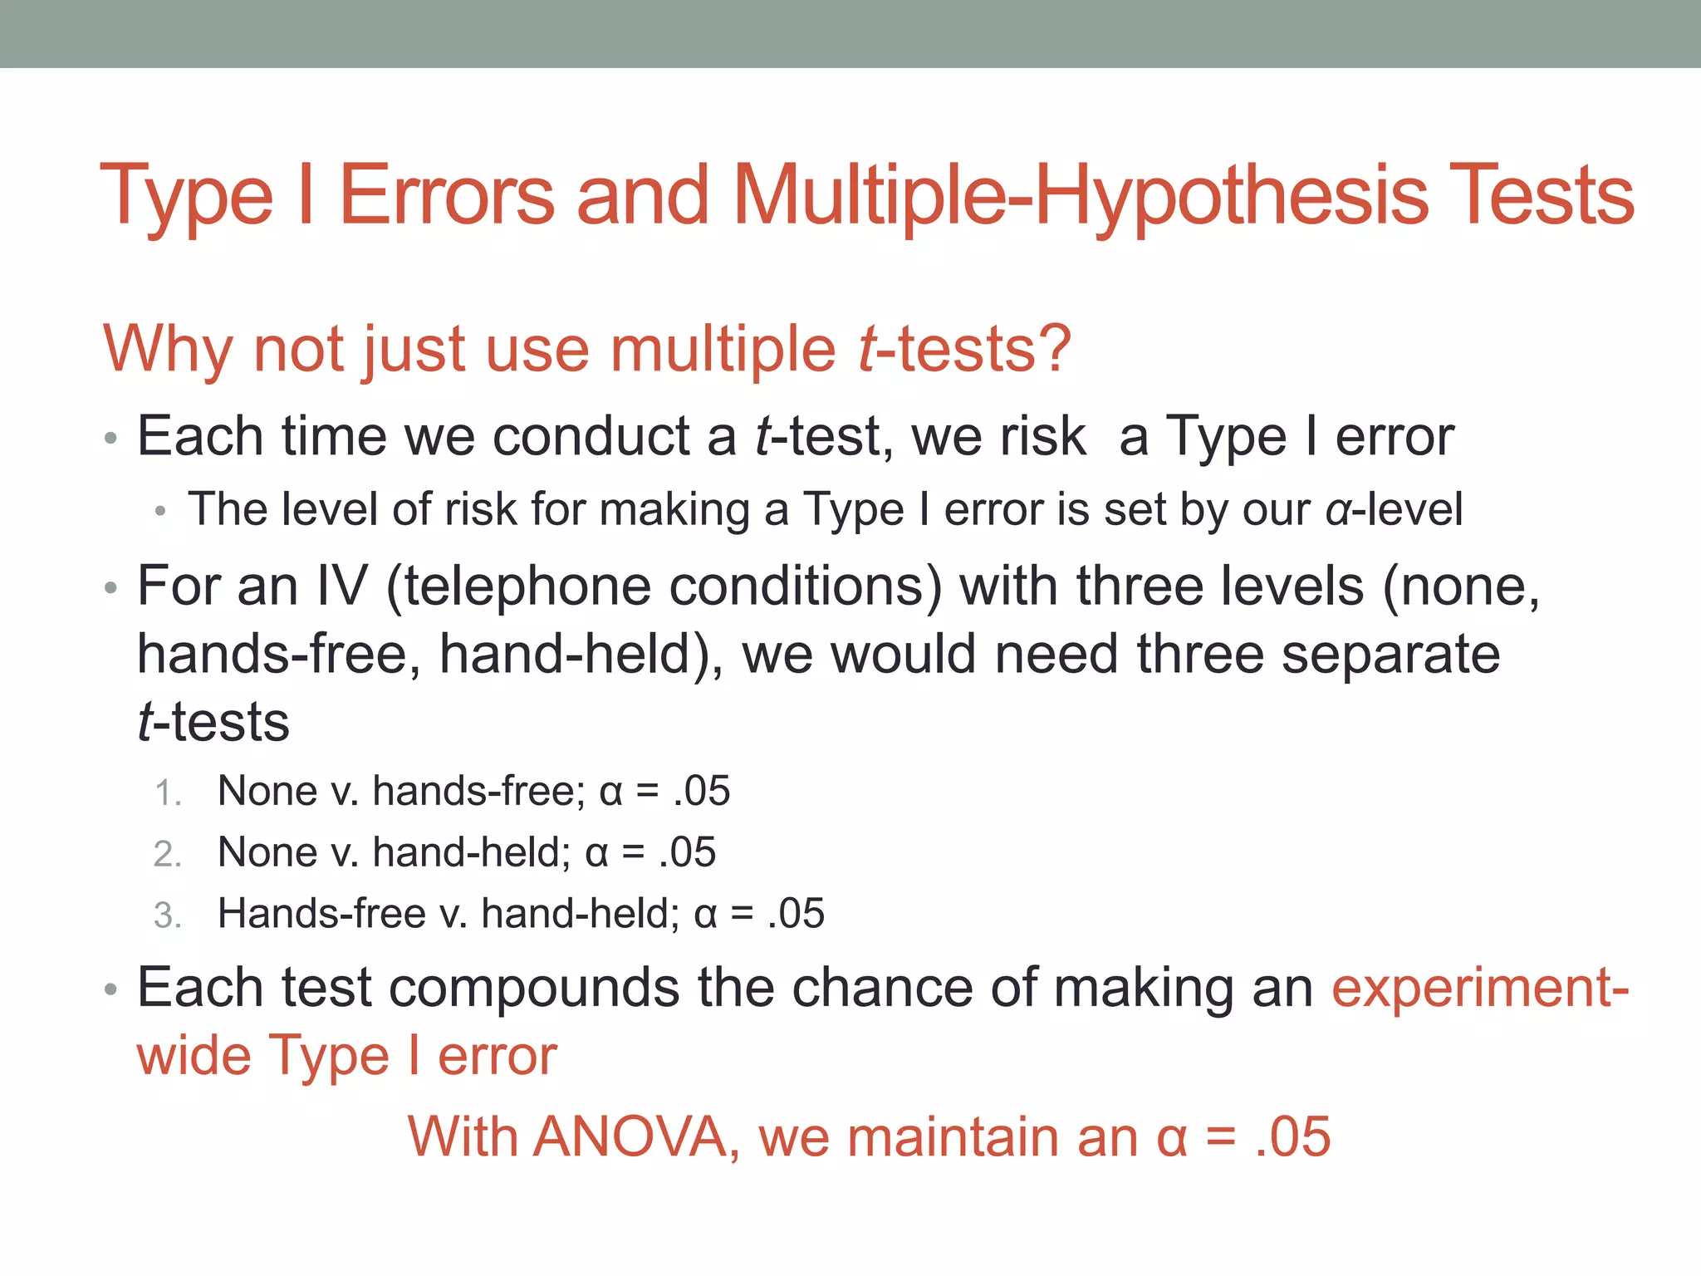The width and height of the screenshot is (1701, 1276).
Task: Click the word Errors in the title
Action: click(447, 196)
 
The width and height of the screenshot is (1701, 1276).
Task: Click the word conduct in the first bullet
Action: click(591, 436)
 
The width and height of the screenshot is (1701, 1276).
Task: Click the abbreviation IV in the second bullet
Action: click(341, 586)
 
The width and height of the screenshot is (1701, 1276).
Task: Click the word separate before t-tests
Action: click(1390, 655)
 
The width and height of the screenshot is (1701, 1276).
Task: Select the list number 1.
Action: click(167, 793)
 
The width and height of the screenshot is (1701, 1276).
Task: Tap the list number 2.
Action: click(167, 854)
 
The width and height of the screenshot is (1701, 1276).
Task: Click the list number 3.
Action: click(167, 915)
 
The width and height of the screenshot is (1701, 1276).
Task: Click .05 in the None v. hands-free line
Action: click(702, 791)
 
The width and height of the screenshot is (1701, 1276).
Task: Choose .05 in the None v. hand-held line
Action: click(688, 852)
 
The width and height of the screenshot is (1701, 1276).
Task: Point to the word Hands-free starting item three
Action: click(321, 914)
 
